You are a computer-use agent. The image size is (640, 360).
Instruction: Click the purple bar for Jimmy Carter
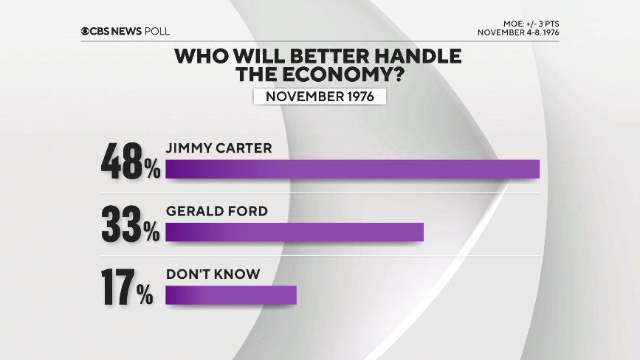353,168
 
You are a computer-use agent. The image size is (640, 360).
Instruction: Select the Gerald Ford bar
295,232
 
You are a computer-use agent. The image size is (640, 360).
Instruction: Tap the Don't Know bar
230,295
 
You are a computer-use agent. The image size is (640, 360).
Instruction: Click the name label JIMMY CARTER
219,148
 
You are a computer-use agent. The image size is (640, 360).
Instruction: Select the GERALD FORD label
216,211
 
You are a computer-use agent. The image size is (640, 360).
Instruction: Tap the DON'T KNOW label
213,274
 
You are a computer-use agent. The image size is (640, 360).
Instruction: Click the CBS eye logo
86,31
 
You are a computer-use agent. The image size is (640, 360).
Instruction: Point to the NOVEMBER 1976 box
320,97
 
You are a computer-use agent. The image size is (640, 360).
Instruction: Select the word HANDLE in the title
418,55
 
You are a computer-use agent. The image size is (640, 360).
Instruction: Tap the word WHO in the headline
199,55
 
